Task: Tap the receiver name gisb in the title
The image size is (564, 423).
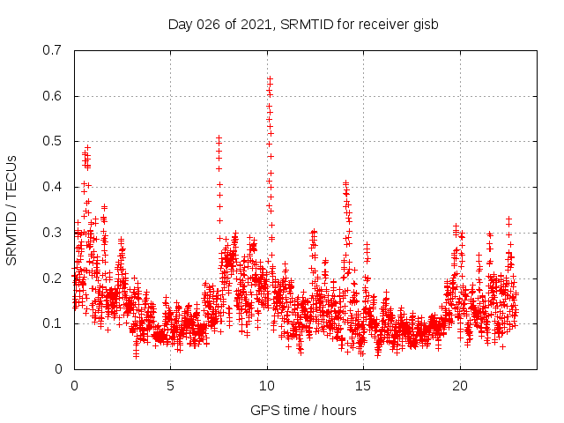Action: [423, 24]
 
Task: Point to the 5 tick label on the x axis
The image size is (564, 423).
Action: [171, 386]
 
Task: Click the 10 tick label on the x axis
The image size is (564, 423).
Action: [267, 386]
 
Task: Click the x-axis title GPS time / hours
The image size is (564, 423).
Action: [303, 410]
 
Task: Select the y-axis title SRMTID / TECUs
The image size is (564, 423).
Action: [12, 209]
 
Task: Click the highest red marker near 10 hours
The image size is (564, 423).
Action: [270, 78]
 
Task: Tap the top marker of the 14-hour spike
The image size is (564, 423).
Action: [346, 183]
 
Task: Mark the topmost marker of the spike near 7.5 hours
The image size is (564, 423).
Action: [219, 138]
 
